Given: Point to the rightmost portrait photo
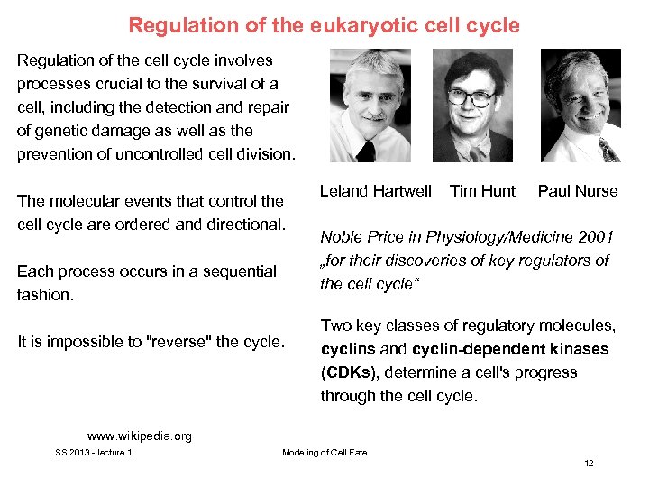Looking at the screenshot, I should [580, 106].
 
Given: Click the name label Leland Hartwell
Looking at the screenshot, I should [376, 191].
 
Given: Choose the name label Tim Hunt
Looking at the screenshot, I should [482, 191].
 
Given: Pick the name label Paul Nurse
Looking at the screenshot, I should [578, 191].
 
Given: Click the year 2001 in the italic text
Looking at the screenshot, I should [593, 238].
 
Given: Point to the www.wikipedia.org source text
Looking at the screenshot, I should [140, 436].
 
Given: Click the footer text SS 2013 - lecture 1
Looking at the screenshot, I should [94, 452].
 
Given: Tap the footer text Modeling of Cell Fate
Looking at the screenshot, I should [324, 452].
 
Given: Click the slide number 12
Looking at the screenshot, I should [589, 463].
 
